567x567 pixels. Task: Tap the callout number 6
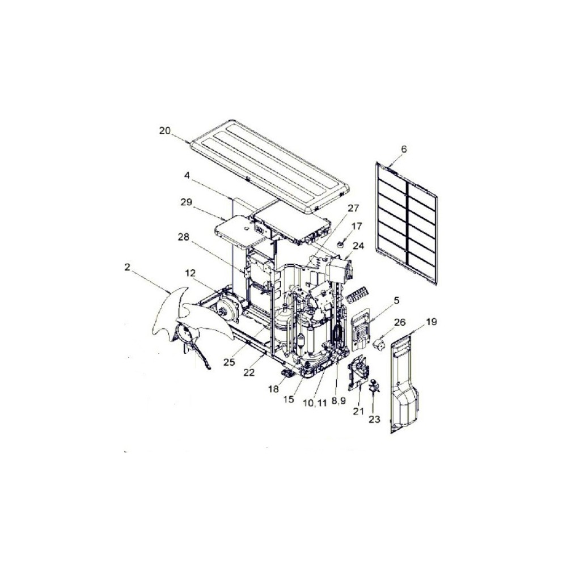coord(404,149)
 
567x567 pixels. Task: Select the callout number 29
coord(186,202)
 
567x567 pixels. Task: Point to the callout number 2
coord(126,267)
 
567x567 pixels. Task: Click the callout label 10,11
coord(315,403)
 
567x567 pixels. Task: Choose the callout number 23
coord(375,419)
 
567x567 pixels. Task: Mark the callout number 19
coord(431,321)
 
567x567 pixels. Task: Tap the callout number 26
coord(400,322)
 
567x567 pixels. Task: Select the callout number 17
coord(356,226)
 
